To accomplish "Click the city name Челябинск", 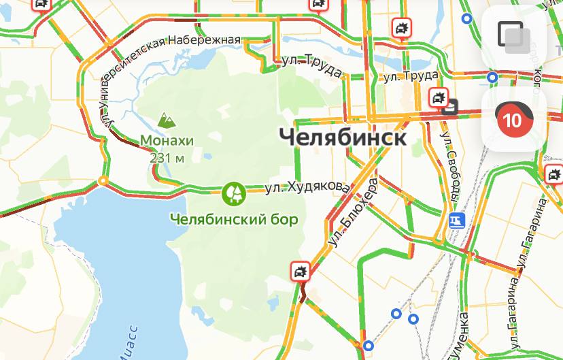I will (x=343, y=137).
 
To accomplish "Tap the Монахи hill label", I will (x=167, y=141).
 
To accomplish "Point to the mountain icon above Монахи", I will (x=166, y=120).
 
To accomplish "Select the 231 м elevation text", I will (x=167, y=158).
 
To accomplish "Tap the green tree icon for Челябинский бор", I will (x=233, y=193).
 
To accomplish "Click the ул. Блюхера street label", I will (x=352, y=213).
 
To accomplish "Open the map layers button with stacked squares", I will (x=513, y=35).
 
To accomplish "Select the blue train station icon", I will (x=456, y=221).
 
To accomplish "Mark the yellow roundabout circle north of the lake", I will (x=103, y=180).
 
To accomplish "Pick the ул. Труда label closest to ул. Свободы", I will (x=409, y=76).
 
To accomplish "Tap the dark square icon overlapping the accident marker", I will (x=451, y=105).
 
